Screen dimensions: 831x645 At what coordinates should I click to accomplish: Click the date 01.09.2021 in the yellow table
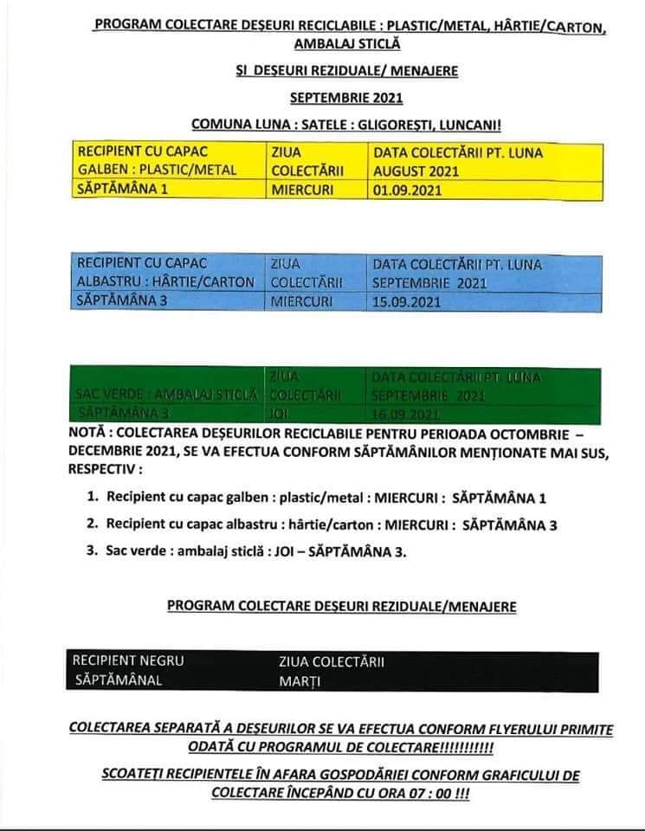coord(407,190)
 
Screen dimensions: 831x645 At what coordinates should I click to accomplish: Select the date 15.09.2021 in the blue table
coord(407,302)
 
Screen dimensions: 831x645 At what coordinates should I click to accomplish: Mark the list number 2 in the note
coord(92,524)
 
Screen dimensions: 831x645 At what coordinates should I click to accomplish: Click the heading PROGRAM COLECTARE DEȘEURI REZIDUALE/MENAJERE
coord(342,607)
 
